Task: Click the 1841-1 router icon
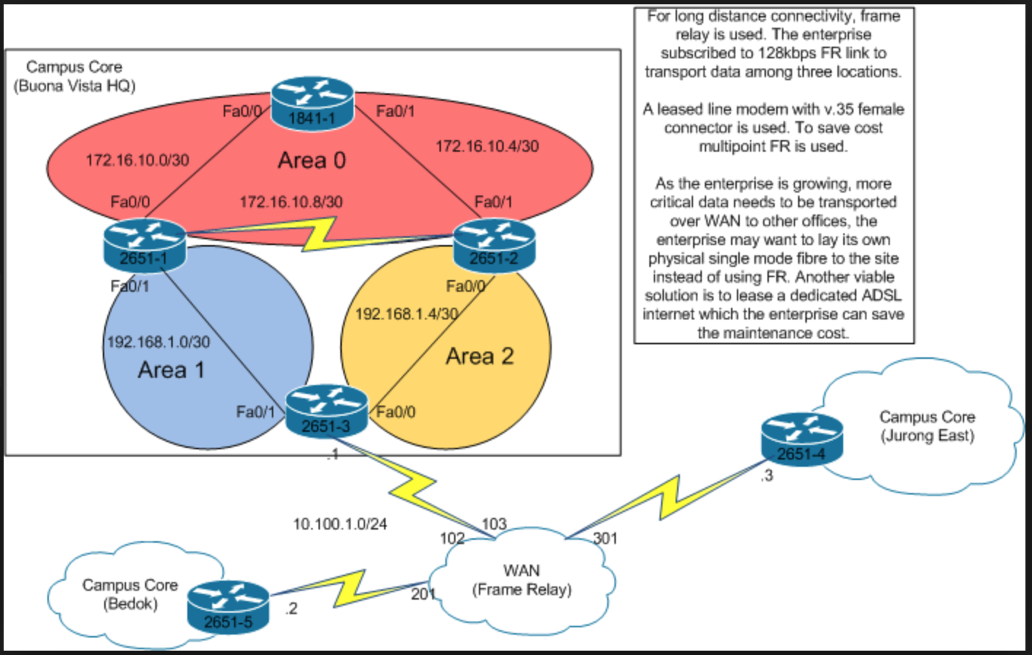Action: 312,104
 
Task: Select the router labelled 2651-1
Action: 144,246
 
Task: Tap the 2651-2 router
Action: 494,246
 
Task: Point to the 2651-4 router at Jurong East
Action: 802,440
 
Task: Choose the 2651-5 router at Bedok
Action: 228,607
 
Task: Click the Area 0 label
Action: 312,160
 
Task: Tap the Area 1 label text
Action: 171,370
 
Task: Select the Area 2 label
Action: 480,356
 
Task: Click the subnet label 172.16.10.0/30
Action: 137,160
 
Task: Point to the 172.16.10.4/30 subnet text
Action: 487,146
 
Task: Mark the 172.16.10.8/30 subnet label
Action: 291,201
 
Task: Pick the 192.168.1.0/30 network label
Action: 158,341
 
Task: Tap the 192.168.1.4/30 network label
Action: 406,314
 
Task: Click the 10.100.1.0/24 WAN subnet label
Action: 340,524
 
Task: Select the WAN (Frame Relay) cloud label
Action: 521,580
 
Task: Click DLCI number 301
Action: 605,538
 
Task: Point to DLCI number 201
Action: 423,594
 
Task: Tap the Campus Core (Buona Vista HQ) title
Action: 74,76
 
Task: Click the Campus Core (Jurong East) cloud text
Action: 927,426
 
